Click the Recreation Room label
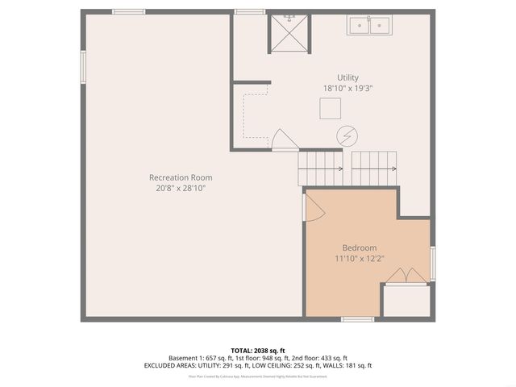pyautogui.click(x=181, y=177)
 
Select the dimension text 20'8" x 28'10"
pyautogui.click(x=181, y=189)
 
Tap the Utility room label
pyautogui.click(x=347, y=77)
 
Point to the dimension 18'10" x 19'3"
pyautogui.click(x=347, y=88)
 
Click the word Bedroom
pyautogui.click(x=359, y=248)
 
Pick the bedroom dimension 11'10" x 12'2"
pyautogui.click(x=359, y=259)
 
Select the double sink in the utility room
pyautogui.click(x=368, y=26)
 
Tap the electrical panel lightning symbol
pyautogui.click(x=347, y=135)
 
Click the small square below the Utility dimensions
pyautogui.click(x=329, y=108)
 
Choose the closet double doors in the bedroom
pyautogui.click(x=406, y=275)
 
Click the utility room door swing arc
pyautogui.click(x=285, y=139)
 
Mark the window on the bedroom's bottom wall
pyautogui.click(x=357, y=319)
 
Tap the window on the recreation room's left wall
pyautogui.click(x=82, y=67)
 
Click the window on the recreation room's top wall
pyautogui.click(x=129, y=11)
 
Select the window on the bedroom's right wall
pyautogui.click(x=433, y=263)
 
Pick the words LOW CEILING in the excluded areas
pyautogui.click(x=277, y=365)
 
